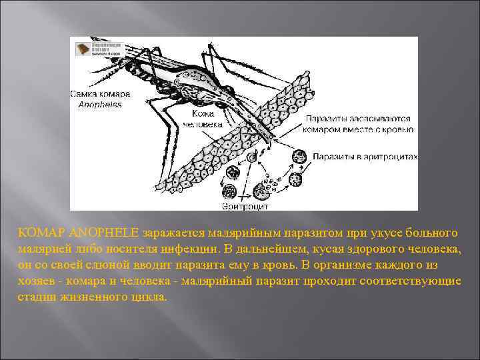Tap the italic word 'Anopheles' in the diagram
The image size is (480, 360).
pyautogui.click(x=100, y=105)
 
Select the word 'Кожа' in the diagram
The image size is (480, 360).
pyautogui.click(x=193, y=114)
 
